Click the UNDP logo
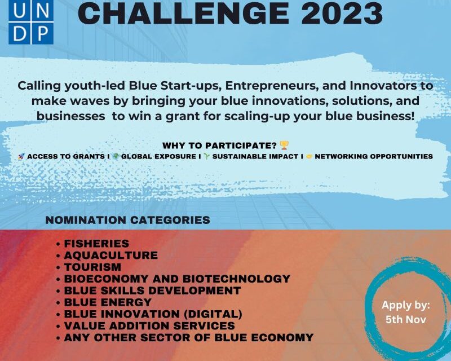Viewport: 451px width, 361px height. tap(31, 22)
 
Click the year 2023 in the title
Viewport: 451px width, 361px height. tap(342, 13)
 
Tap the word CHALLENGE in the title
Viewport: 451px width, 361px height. tap(184, 13)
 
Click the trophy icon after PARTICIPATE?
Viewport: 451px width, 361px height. tap(284, 146)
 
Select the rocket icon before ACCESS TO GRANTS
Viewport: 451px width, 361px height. tap(21, 157)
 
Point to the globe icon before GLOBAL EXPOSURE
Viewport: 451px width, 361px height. tap(116, 156)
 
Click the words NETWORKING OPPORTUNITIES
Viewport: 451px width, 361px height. tap(374, 156)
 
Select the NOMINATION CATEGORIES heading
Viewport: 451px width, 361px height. tap(128, 220)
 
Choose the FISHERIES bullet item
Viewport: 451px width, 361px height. tap(96, 244)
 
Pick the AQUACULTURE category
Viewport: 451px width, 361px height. tap(110, 256)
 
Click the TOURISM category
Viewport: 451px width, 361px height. tap(92, 267)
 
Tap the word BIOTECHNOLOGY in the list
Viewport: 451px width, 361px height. tap(236, 279)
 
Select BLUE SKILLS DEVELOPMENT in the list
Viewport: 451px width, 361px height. tap(152, 290)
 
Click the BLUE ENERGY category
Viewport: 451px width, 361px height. tap(108, 302)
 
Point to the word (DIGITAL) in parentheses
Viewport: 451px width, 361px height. tap(213, 314)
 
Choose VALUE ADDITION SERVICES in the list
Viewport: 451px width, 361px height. tap(149, 326)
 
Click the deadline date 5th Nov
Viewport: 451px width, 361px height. tap(406, 320)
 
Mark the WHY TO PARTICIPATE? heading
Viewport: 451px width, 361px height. tap(219, 146)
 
